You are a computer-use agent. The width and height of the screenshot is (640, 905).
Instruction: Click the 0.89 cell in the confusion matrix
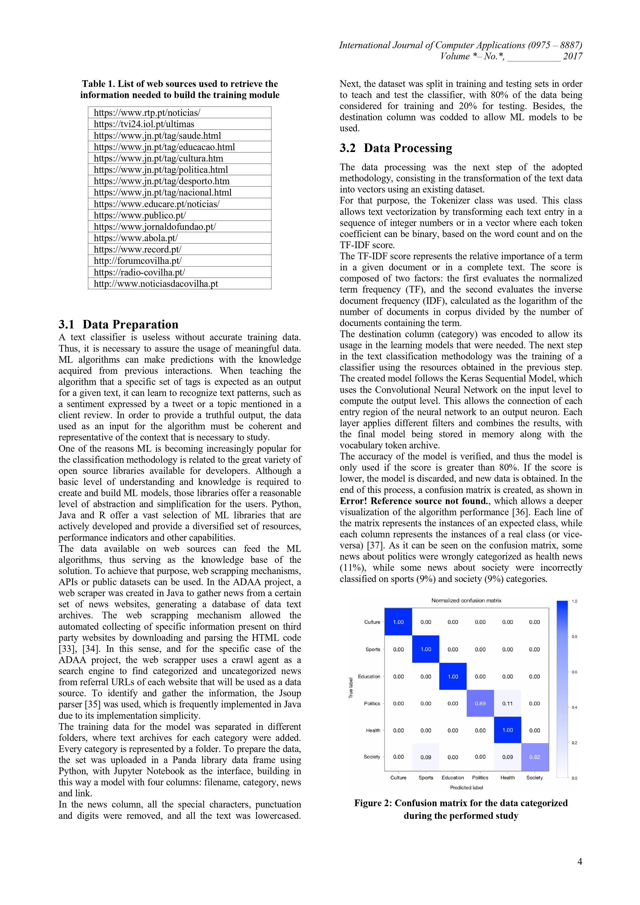coord(480,703)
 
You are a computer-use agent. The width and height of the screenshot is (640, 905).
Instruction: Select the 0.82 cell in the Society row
coord(535,757)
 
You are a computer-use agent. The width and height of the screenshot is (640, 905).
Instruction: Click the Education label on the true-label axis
coord(369,676)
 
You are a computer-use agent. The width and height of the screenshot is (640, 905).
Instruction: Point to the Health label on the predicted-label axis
coord(508,778)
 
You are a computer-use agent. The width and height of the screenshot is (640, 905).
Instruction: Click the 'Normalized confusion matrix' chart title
coord(466,600)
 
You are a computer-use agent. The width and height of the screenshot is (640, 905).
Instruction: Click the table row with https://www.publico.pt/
coord(179,215)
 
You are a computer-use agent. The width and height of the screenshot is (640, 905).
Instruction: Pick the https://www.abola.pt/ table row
coord(179,238)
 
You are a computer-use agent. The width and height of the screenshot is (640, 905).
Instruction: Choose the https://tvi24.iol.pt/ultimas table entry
coord(179,124)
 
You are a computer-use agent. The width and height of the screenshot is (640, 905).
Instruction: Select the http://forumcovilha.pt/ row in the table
coord(179,261)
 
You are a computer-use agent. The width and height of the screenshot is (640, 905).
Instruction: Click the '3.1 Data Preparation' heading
coord(118,324)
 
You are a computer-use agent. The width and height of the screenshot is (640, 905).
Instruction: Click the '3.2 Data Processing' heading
coord(396,148)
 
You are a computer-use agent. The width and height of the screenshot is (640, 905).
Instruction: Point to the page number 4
coord(579,862)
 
